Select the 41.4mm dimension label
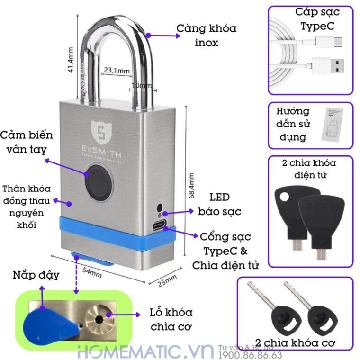tap(71, 60)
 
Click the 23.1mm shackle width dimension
tap(117, 71)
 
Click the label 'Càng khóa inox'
tap(207, 36)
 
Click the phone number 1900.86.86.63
tap(256, 355)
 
